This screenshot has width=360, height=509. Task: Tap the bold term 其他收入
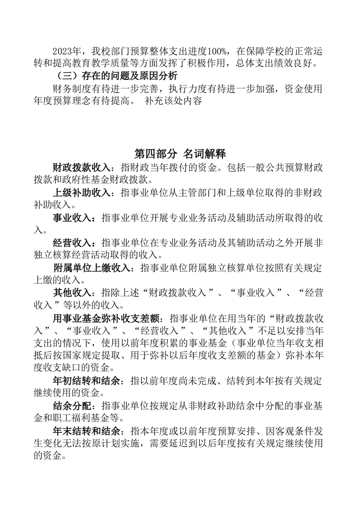(x=71, y=294)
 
